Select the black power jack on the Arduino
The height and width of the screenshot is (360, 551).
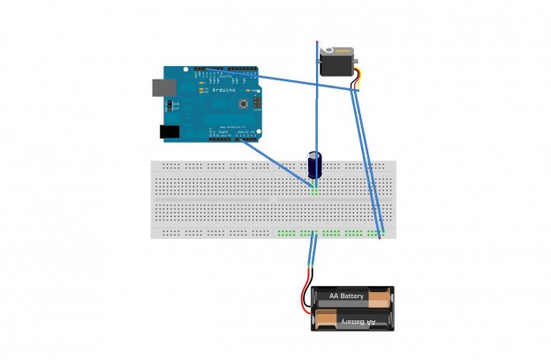point(170,131)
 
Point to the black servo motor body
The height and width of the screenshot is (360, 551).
point(336,63)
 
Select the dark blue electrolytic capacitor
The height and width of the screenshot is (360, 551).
point(314,165)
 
